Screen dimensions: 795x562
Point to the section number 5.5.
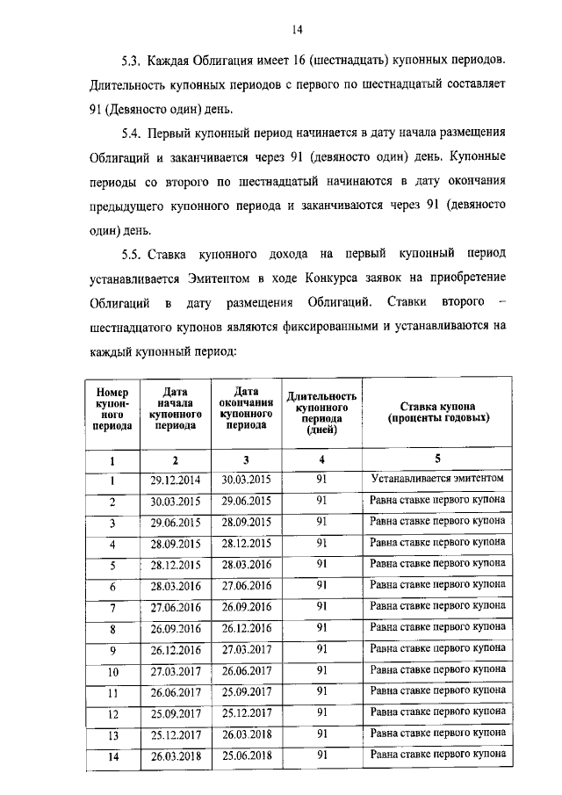(x=132, y=254)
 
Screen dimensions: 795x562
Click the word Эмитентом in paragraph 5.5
(x=222, y=278)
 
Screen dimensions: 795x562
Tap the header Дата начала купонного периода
(x=176, y=408)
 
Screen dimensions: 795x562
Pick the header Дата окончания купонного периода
(x=246, y=407)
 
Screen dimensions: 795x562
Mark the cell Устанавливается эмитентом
(x=437, y=480)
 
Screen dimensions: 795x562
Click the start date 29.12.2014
(x=176, y=480)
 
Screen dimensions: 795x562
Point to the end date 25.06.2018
(x=246, y=754)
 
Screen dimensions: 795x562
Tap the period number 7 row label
(x=112, y=608)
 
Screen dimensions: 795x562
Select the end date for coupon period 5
(x=246, y=564)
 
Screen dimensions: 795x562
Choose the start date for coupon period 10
(x=176, y=670)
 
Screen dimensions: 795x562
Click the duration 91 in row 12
(x=321, y=712)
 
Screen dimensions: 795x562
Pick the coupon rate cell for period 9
(x=437, y=649)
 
